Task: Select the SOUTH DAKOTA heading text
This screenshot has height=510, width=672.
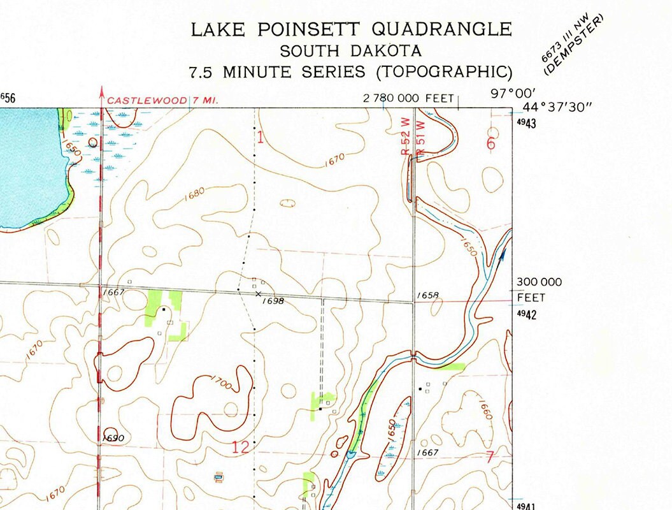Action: pos(350,51)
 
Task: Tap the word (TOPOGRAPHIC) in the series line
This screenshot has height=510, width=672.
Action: pos(445,72)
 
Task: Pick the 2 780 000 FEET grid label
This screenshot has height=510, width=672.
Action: pos(408,98)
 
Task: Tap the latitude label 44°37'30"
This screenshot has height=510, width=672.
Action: pos(558,107)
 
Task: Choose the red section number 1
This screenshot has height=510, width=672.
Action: pos(260,136)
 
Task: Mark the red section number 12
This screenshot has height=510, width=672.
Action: pos(240,448)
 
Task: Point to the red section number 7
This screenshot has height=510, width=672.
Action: pos(489,456)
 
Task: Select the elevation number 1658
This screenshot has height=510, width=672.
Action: pos(427,295)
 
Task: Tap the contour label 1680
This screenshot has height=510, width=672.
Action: pos(194,195)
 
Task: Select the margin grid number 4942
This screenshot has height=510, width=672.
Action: pos(526,314)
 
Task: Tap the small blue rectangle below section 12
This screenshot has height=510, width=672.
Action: pos(218,476)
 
